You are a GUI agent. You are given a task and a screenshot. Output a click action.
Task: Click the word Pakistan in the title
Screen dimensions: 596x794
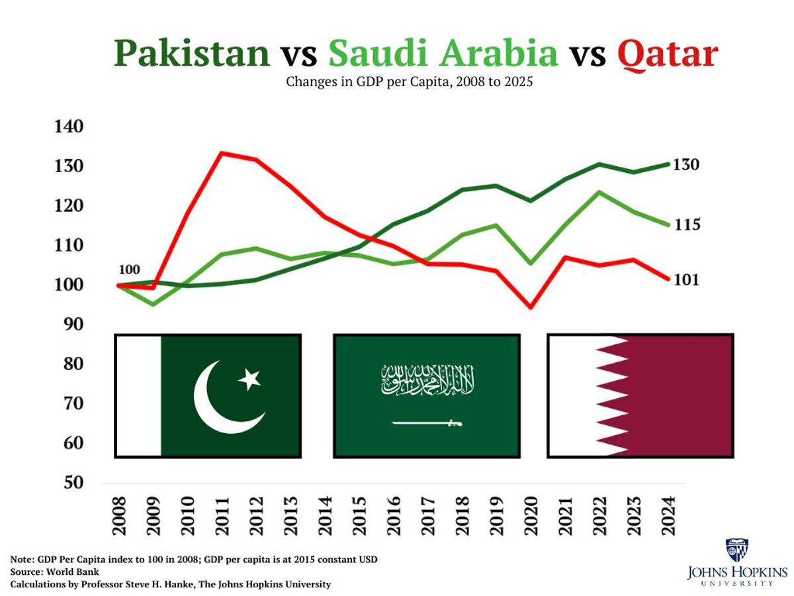pos(192,54)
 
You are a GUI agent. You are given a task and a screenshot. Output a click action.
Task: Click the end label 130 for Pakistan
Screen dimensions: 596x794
pos(686,165)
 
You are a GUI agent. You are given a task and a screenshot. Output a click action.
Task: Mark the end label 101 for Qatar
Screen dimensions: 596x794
pos(686,280)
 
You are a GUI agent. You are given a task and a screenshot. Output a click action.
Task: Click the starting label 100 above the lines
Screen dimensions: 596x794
pos(130,270)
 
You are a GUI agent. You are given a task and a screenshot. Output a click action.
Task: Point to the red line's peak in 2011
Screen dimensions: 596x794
pos(221,154)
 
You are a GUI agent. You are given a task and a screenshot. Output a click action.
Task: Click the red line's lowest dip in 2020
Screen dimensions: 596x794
pos(530,307)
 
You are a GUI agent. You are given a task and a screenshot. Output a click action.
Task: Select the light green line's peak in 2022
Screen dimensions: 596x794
pos(599,192)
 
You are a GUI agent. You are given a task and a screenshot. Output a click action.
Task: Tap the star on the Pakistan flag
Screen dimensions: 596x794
pos(249,379)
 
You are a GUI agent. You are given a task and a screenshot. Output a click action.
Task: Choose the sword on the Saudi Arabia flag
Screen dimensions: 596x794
pos(427,422)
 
